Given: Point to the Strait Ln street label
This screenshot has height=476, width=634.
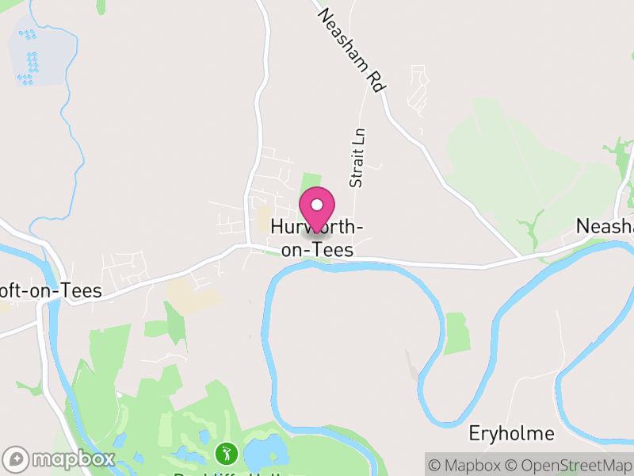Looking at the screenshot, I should click(357, 159).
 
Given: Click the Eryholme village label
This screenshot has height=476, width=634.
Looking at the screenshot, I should click(511, 434).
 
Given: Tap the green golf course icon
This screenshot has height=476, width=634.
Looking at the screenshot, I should click(226, 455).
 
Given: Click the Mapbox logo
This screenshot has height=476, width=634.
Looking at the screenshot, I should click(59, 459).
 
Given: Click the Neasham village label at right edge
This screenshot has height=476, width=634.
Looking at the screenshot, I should click(605, 226).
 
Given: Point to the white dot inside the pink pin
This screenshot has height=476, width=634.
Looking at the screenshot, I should click(317, 205).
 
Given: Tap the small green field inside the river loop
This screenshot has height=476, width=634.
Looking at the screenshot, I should click(456, 333).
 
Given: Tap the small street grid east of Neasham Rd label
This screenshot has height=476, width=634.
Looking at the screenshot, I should click(415, 87).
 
